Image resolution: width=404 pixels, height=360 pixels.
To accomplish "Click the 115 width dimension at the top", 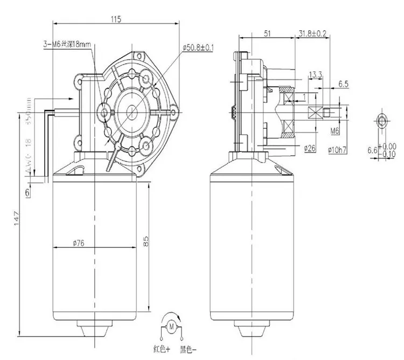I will point(115,18).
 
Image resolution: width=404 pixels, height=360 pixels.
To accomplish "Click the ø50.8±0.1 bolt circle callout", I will point(199,48).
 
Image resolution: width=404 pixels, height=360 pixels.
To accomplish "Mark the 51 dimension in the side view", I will point(267,32).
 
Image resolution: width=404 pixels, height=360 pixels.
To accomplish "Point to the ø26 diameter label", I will point(309,148).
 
